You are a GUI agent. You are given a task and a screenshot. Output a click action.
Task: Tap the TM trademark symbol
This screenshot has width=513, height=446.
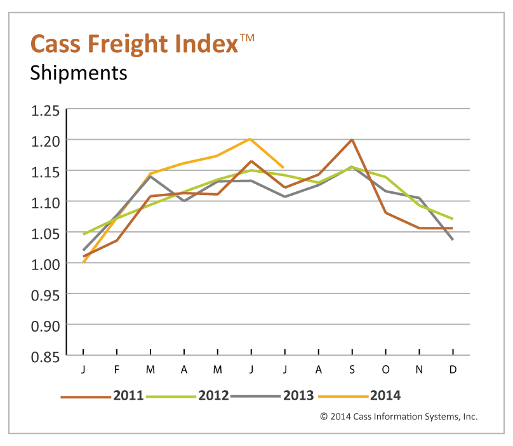(x=247, y=37)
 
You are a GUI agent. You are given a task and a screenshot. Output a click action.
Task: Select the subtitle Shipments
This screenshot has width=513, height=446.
(x=79, y=73)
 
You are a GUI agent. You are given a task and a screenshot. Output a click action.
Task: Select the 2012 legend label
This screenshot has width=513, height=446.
(x=213, y=396)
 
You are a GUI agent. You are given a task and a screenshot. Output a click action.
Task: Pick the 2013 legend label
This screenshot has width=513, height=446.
(x=298, y=396)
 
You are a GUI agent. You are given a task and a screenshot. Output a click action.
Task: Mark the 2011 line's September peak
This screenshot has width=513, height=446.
(x=352, y=139)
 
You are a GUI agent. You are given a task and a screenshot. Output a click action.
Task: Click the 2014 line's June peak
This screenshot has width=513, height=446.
(x=251, y=139)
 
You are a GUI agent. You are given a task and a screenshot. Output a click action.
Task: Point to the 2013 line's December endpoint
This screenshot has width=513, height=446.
(x=453, y=240)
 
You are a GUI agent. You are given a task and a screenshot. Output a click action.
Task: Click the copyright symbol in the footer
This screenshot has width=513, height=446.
(x=324, y=417)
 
